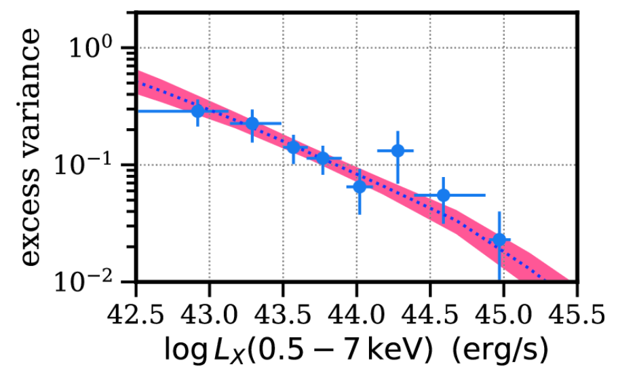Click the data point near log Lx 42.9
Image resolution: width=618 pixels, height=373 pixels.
pyautogui.click(x=197, y=111)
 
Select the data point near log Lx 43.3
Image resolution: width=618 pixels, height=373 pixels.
pyautogui.click(x=252, y=123)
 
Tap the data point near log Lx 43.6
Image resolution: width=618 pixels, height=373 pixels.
pyautogui.click(x=294, y=146)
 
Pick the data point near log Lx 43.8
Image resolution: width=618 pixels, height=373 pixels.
pyautogui.click(x=323, y=159)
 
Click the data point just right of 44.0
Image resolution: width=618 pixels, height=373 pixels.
pyautogui.click(x=360, y=186)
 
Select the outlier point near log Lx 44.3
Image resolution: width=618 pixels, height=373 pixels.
pyautogui.click(x=398, y=151)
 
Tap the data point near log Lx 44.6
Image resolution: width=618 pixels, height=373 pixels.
pyautogui.click(x=443, y=195)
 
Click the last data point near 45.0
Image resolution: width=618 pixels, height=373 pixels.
pyautogui.click(x=499, y=240)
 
